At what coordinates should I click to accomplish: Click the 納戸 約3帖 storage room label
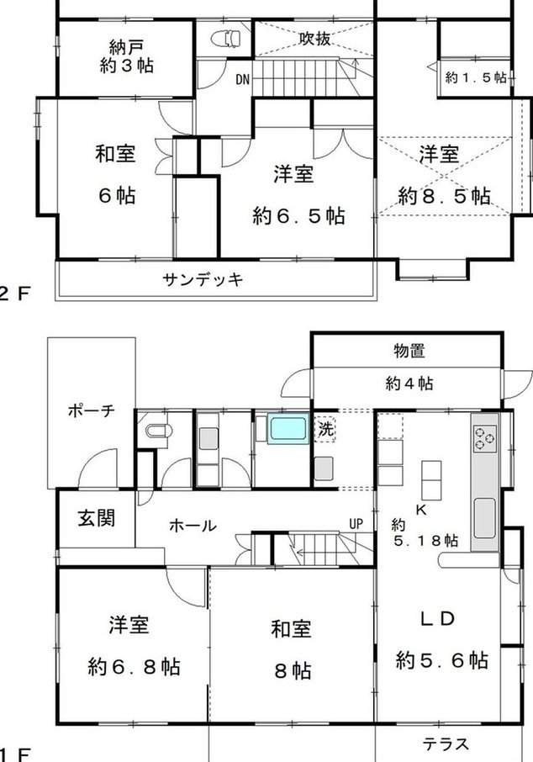(x=126, y=56)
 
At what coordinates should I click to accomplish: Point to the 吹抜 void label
(x=314, y=39)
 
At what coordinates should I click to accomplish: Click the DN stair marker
(x=242, y=79)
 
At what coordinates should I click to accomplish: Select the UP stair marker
(x=356, y=524)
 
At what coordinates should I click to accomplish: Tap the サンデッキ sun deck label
(x=203, y=279)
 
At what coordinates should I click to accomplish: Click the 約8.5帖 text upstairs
(x=444, y=196)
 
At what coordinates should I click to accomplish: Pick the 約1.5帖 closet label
(x=476, y=77)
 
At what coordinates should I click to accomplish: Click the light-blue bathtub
(x=288, y=429)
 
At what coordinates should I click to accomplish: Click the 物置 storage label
(x=409, y=351)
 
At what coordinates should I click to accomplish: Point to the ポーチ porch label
(x=92, y=410)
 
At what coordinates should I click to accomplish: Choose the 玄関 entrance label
(x=96, y=518)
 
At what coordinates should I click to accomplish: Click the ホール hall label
(x=193, y=526)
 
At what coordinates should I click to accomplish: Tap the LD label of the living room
(x=437, y=619)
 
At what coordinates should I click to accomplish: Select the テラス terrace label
(x=446, y=744)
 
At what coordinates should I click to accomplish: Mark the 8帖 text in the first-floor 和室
(x=293, y=671)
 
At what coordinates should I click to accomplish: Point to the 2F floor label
(x=14, y=294)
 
